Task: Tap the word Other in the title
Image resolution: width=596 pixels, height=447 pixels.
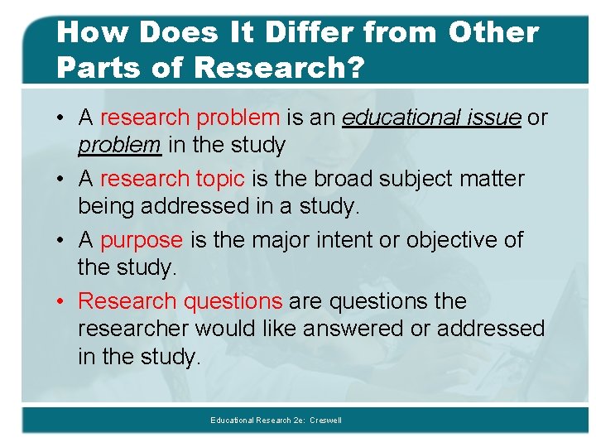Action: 493,32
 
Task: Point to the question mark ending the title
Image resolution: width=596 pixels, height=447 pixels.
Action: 356,67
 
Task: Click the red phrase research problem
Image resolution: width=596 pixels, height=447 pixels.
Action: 190,118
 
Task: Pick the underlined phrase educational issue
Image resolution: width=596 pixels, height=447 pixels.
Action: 431,118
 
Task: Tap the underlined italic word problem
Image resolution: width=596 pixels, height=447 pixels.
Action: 119,145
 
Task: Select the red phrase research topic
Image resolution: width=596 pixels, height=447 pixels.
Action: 172,179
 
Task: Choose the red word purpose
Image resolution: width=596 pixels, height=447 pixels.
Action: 142,240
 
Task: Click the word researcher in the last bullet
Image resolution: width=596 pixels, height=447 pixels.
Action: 133,329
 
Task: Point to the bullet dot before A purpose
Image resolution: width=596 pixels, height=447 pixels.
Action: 64,240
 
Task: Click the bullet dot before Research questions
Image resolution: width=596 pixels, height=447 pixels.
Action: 64,301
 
